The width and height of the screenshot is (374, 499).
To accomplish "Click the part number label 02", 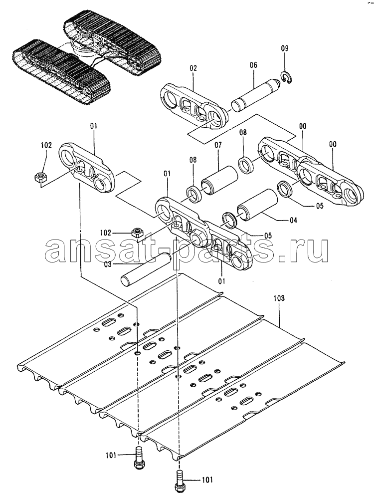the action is (193, 68).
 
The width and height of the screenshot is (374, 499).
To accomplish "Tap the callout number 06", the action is (253, 65).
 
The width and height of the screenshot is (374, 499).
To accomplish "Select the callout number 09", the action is (285, 48).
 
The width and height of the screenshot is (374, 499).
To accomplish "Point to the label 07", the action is (218, 145).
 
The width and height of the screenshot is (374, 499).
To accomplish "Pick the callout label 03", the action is (108, 264).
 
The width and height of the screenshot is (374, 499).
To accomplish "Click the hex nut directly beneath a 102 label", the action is (39, 177).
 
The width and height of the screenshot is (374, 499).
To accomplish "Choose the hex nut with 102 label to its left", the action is (137, 233).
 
